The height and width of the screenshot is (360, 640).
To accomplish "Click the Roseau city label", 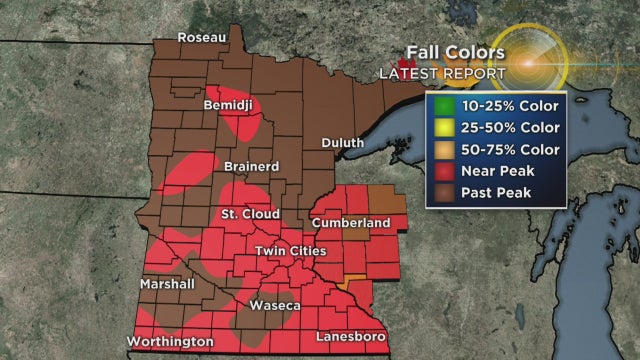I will click(x=203, y=37).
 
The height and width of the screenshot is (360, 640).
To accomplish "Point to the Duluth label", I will click(x=343, y=143).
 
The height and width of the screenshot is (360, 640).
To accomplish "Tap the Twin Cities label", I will click(x=291, y=250).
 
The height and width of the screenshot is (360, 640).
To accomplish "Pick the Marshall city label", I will click(x=168, y=283).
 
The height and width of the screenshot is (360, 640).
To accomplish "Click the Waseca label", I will click(x=274, y=304).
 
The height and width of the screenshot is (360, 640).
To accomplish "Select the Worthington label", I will click(x=170, y=341).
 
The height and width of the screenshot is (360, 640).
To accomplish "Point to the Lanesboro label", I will click(x=348, y=337).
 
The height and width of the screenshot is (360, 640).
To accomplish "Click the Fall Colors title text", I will click(x=456, y=52).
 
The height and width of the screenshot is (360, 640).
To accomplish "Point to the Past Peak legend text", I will click(x=497, y=192).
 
